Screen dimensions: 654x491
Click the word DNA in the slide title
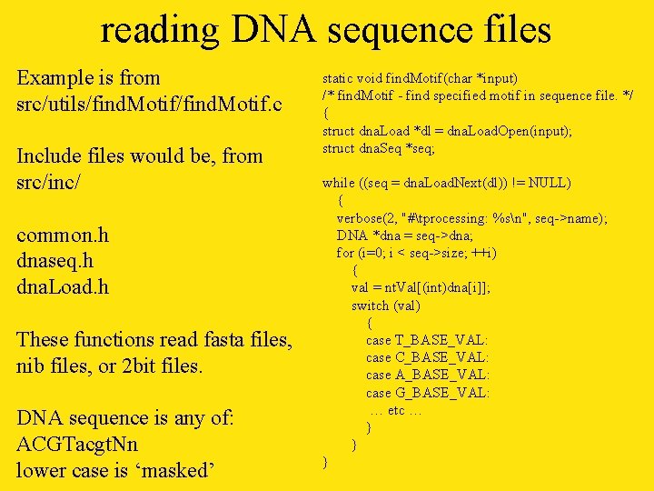click(x=272, y=29)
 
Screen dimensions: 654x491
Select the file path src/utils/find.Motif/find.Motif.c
click(x=155, y=105)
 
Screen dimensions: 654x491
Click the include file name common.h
click(x=63, y=235)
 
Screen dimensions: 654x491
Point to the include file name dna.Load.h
click(x=63, y=287)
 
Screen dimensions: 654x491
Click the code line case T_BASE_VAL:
click(x=427, y=340)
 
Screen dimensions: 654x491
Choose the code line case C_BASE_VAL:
click(x=427, y=357)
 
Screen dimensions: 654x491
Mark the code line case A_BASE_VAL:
click(x=427, y=375)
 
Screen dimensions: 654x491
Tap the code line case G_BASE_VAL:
click(x=427, y=393)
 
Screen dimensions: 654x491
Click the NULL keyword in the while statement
click(x=548, y=183)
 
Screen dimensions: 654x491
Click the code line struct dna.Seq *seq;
click(x=379, y=148)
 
